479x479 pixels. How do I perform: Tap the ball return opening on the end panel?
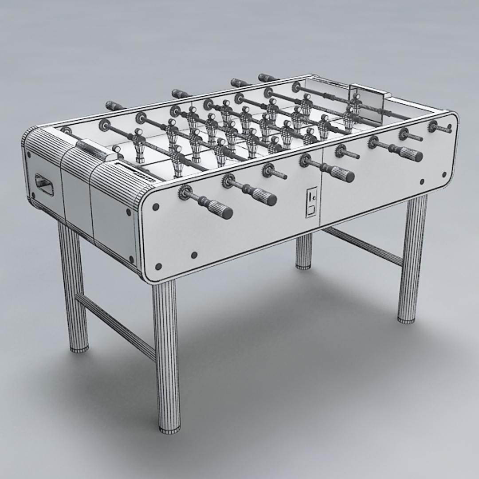pos(44,185)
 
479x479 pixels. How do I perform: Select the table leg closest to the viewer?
pos(166,355)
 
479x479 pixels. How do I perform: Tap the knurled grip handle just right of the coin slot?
pos(342,174)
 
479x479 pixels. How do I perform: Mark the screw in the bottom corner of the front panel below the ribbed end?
pos(158,266)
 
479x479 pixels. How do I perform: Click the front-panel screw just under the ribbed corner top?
pos(156,207)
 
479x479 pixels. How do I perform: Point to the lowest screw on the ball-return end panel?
pos(131,259)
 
